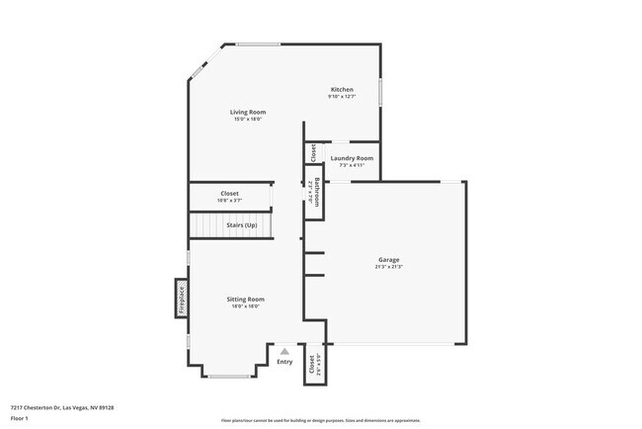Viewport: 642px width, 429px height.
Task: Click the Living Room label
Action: [x=248, y=112]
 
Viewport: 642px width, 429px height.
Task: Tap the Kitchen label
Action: [x=341, y=90]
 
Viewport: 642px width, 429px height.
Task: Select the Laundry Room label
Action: [x=352, y=158]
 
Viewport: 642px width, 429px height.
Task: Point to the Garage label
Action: [x=388, y=260]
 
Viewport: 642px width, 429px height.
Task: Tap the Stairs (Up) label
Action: [x=242, y=225]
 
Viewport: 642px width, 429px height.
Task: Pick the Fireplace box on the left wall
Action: [x=181, y=298]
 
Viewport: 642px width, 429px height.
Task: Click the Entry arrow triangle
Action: [x=284, y=350]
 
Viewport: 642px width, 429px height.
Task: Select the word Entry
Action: [x=284, y=361]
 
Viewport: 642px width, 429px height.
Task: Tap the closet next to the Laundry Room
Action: [x=313, y=153]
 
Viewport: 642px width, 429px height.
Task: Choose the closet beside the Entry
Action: [x=312, y=365]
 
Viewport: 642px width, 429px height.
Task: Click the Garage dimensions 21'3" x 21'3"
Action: [x=388, y=267]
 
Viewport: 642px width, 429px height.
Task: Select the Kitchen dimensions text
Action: [x=341, y=97]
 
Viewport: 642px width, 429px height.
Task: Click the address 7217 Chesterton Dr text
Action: [x=62, y=406]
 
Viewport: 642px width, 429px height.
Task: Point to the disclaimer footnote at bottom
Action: [x=320, y=419]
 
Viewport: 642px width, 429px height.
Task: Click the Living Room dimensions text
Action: [x=248, y=119]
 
